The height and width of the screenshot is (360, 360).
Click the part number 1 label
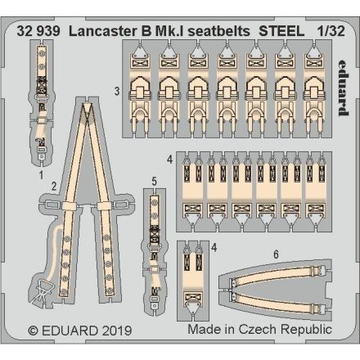pos(39,173)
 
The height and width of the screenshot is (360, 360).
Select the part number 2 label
pos(52,186)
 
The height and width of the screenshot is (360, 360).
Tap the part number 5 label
pos(154,179)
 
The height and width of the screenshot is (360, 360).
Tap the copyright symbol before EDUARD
pos(33,331)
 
